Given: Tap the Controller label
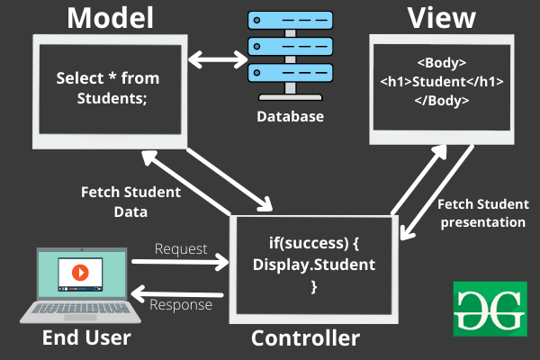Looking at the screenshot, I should (x=305, y=338).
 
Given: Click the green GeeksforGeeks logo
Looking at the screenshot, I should (x=490, y=308).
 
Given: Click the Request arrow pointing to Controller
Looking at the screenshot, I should (x=180, y=263).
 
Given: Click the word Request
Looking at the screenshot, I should (x=181, y=247).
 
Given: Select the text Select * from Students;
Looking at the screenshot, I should (x=106, y=87).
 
